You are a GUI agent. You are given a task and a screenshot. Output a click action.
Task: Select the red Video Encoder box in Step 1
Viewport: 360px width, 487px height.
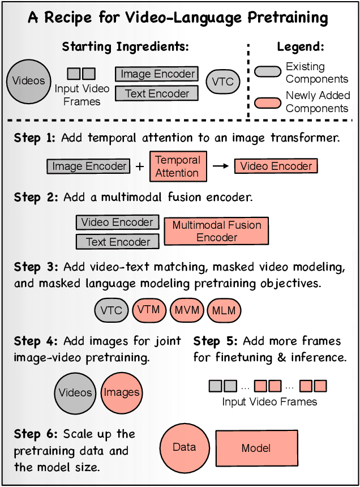click(276, 166)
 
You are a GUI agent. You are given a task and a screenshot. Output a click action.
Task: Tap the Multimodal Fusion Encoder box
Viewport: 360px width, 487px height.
click(217, 231)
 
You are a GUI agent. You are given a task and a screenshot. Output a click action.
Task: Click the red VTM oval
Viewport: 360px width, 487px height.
click(149, 310)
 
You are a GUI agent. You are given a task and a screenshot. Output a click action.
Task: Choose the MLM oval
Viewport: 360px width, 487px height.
click(224, 310)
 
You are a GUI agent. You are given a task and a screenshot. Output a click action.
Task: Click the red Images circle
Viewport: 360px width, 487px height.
click(122, 392)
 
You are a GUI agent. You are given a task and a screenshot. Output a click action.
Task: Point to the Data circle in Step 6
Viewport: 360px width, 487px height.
click(184, 448)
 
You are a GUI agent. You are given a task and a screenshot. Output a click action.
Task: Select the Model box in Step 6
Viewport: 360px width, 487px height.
click(256, 448)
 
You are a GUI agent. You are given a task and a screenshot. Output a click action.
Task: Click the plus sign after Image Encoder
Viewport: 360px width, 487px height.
click(139, 166)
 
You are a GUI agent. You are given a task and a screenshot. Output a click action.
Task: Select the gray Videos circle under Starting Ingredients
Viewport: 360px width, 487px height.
click(28, 80)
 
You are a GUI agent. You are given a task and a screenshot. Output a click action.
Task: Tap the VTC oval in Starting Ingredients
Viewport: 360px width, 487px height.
click(222, 82)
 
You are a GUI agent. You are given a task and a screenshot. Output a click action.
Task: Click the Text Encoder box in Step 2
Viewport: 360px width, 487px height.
click(118, 242)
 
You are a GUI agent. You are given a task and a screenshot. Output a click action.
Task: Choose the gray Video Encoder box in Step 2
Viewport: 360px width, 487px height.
click(117, 223)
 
